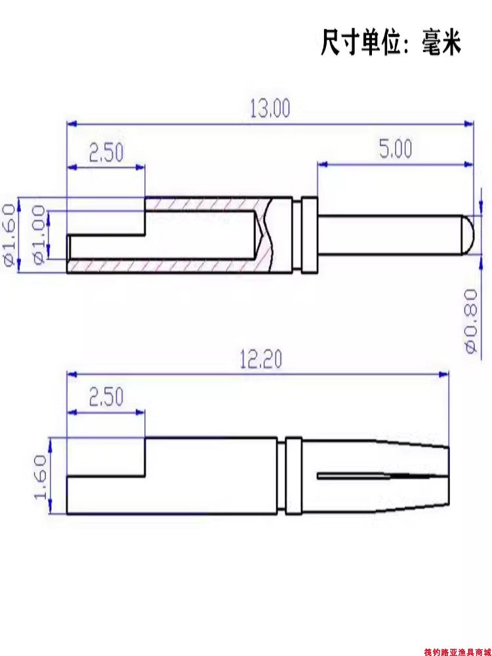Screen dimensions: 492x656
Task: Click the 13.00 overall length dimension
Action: (x=270, y=108)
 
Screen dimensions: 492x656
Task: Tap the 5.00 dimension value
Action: (x=396, y=150)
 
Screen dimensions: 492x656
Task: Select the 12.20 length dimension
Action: (x=261, y=359)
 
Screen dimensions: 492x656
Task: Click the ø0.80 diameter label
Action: (x=471, y=321)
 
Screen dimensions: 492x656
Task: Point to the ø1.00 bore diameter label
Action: (x=39, y=235)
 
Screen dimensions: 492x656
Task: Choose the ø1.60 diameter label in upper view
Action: (x=9, y=235)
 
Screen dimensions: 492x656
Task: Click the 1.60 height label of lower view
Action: (x=40, y=478)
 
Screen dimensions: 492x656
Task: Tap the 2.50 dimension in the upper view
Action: (x=106, y=153)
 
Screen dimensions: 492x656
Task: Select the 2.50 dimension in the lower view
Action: (x=106, y=397)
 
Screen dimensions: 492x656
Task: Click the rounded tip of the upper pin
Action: (x=468, y=235)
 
